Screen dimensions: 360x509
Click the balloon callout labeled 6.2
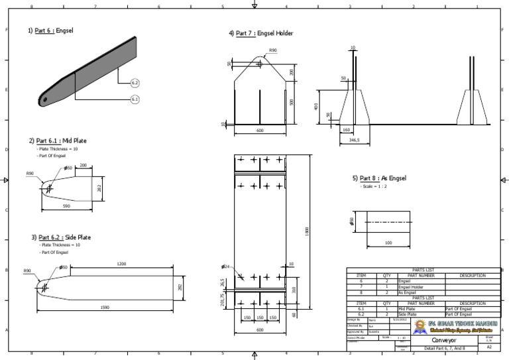(135, 83)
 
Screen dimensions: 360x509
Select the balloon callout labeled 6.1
(135, 99)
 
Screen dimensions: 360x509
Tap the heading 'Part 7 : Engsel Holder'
(260, 33)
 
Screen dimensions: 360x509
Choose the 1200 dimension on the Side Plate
(121, 264)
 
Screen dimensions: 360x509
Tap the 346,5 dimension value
(355, 141)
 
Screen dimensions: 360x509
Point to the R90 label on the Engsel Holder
(273, 50)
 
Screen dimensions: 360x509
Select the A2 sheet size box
(489, 346)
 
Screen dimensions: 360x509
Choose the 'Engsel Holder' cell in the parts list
(410, 286)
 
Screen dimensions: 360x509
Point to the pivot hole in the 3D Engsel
(46, 100)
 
